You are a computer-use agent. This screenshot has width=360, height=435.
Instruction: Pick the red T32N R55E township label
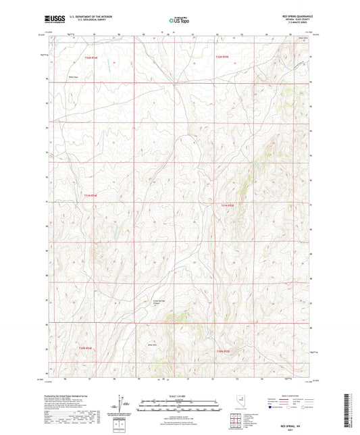pos(223,58)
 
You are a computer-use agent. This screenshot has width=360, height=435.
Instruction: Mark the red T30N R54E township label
pos(82,347)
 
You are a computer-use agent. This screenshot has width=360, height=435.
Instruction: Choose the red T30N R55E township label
pos(224,351)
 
